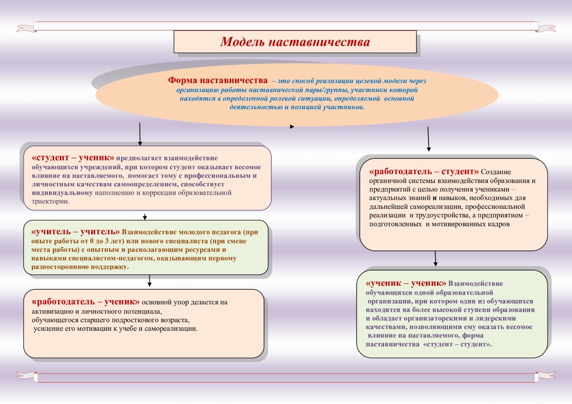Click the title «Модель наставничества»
[295, 42]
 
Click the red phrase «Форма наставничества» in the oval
[218, 80]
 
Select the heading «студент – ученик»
[73, 158]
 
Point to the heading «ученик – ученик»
[406, 283]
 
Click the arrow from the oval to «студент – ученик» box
[140, 133]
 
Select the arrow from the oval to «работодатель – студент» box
[428, 139]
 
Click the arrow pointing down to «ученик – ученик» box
[435, 259]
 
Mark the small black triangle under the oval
[292, 127]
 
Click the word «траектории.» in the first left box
[50, 201]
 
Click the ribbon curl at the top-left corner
[26, 28]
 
